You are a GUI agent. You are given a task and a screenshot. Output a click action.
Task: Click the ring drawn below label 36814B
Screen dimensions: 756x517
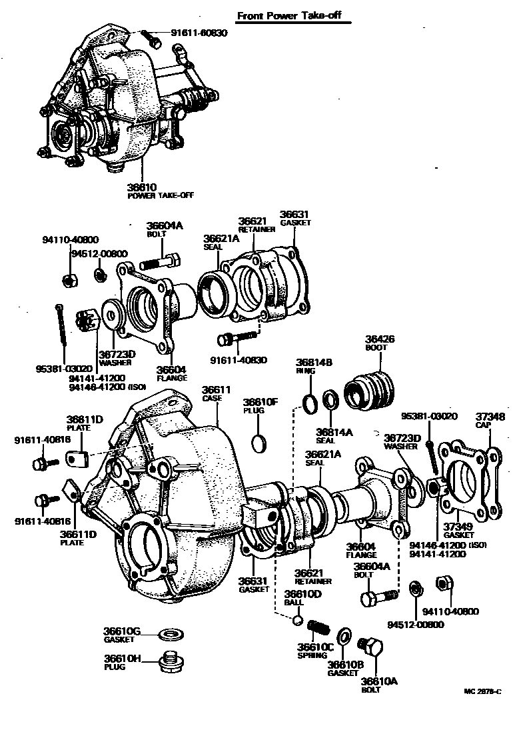309,403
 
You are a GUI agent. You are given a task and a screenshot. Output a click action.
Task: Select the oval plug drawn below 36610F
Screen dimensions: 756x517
260,441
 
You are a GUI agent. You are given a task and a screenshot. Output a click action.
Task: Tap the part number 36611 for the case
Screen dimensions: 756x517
216,389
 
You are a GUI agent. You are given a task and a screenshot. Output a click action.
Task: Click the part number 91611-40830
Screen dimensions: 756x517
239,360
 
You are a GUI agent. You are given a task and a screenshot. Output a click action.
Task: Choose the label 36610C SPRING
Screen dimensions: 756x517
315,650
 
